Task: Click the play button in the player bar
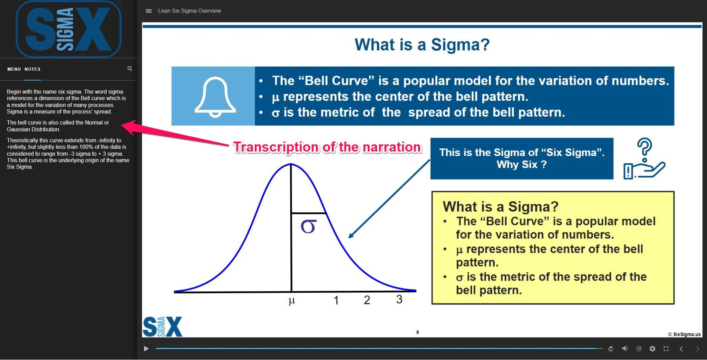coord(146,349)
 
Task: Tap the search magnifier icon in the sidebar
coord(130,69)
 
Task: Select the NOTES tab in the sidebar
coord(32,69)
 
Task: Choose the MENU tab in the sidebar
coord(14,69)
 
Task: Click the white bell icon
coord(215,97)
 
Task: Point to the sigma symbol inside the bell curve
coord(308,226)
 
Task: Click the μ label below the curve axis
coord(292,301)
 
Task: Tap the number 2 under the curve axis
coord(367,300)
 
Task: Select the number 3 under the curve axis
coord(399,299)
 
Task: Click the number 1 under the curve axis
coord(336,300)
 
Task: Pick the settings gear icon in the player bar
coord(652,349)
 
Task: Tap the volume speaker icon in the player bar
coord(625,349)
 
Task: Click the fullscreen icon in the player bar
coord(666,349)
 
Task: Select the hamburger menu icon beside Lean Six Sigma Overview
coord(149,11)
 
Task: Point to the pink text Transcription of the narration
coord(327,147)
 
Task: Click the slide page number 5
coord(417,332)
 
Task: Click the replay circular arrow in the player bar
coord(611,349)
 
